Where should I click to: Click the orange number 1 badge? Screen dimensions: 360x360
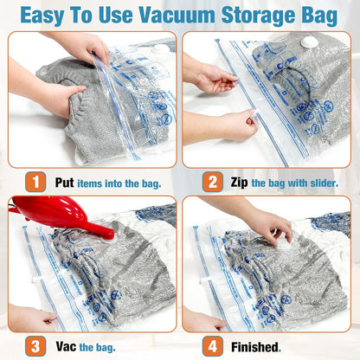tap(35, 183)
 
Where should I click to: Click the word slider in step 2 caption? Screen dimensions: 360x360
tap(322, 183)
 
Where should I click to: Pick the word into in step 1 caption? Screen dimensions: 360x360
tap(126, 183)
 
